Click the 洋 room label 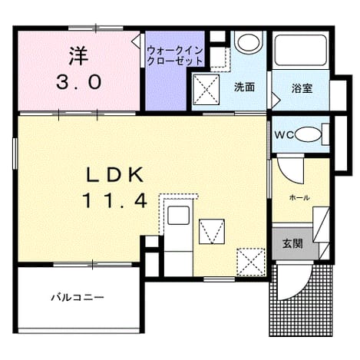tap(78, 56)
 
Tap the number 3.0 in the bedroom tap(79, 83)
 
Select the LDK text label tap(114, 175)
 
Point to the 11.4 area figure tap(114, 200)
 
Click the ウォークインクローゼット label tap(175, 56)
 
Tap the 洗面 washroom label tap(244, 88)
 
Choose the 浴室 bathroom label tap(302, 88)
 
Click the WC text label tap(284, 135)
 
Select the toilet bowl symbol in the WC tap(308, 134)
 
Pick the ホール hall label tap(299, 197)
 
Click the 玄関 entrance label tap(292, 243)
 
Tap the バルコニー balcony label tap(78, 298)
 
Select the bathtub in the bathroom tap(300, 50)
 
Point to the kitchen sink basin tap(178, 216)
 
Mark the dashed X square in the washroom tap(206, 90)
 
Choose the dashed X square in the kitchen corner tap(250, 262)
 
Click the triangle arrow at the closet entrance tap(136, 41)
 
